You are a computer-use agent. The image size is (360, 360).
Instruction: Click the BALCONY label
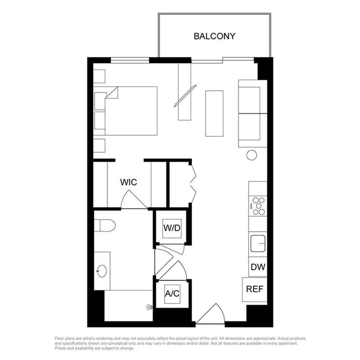(x=214, y=36)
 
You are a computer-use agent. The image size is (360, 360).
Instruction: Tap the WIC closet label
(x=128, y=182)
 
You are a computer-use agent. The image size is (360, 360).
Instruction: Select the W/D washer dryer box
(x=172, y=228)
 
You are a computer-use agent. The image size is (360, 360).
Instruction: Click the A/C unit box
(x=172, y=294)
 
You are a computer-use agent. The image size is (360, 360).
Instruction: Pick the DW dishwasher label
(x=258, y=267)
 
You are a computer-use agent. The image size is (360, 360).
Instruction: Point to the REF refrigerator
(x=255, y=290)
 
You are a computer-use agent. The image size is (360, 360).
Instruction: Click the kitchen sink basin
(x=258, y=243)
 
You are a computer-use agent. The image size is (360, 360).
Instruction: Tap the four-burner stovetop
(x=258, y=206)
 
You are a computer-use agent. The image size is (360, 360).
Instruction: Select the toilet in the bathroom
(x=105, y=225)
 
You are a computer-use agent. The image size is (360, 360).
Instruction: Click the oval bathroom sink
(x=102, y=271)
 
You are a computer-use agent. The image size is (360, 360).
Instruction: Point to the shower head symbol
(x=149, y=307)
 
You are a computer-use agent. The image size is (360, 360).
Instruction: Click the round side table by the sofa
(x=252, y=155)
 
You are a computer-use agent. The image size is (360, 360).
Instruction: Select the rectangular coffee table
(x=214, y=114)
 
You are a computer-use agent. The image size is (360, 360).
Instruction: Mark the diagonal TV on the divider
(x=186, y=96)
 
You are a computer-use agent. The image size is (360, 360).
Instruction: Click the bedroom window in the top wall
(x=130, y=60)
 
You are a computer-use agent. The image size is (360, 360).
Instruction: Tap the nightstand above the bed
(x=99, y=76)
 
